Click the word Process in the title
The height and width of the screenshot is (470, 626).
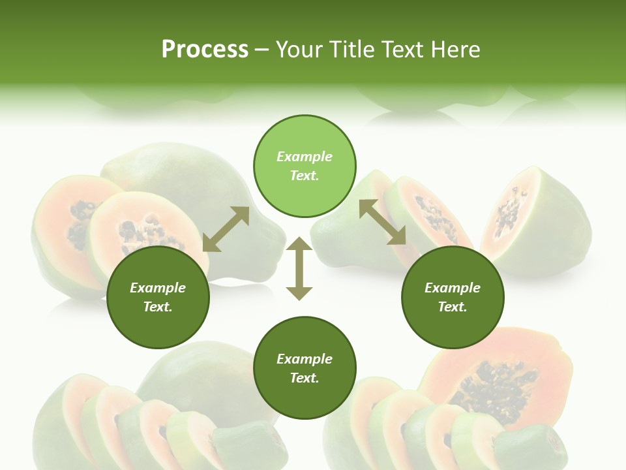coord(205,50)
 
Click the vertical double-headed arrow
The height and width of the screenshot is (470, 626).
coord(299,268)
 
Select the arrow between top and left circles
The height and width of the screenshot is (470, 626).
coord(226,229)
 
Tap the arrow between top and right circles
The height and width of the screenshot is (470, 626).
coord(383,222)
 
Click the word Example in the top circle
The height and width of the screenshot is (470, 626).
coord(305,157)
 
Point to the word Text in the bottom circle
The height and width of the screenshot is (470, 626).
coord(305,378)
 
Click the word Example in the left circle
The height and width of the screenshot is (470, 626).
coord(158,288)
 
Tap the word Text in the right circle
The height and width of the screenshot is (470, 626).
coord(453,307)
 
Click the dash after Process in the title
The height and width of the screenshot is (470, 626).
coord(261,50)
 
